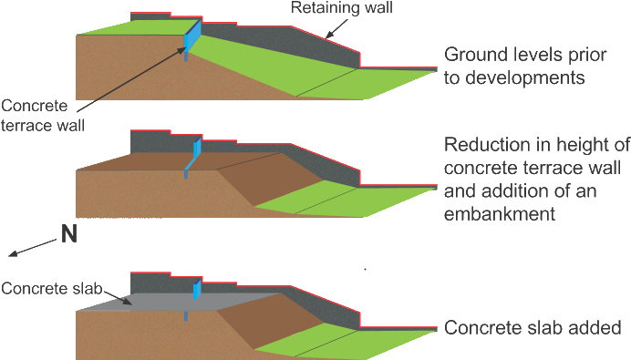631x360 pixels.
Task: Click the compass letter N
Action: (x=68, y=236)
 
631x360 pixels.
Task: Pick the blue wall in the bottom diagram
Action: (x=195, y=290)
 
